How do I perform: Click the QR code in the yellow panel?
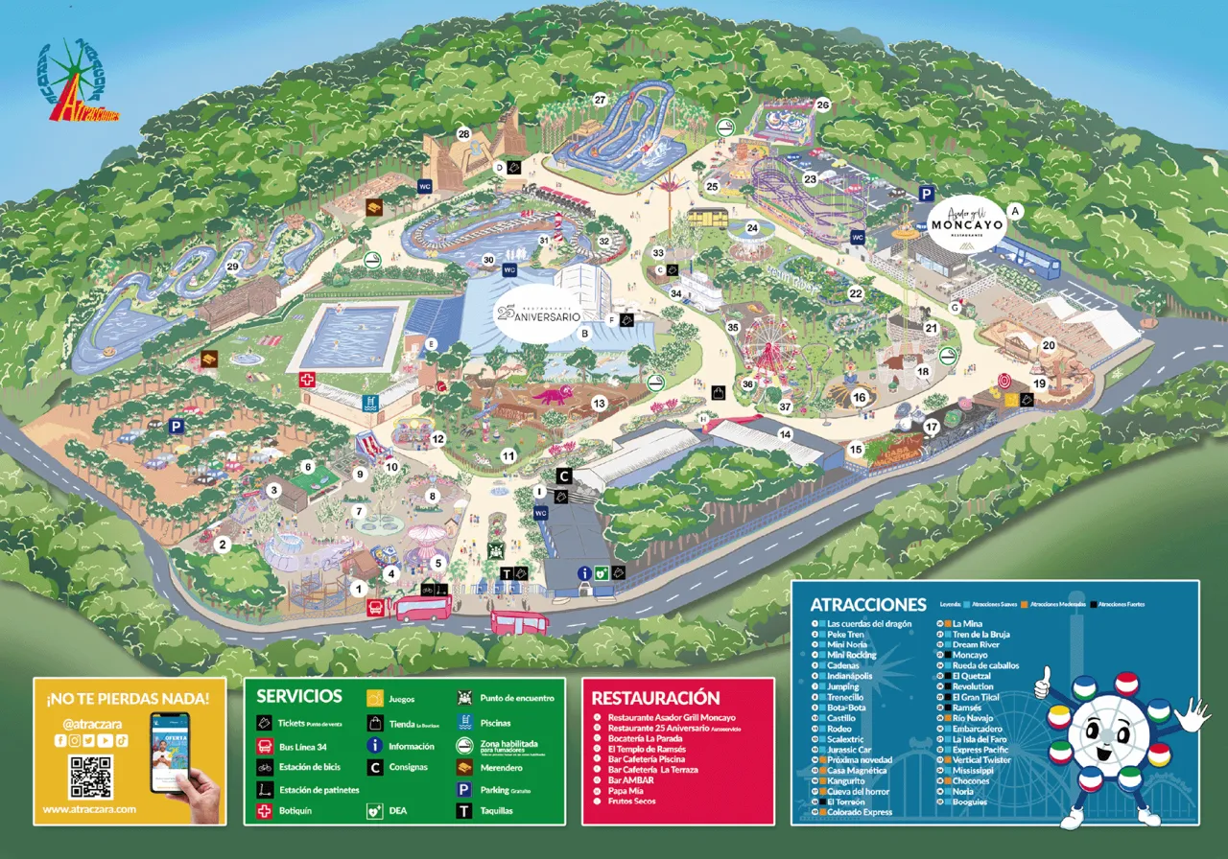[x=90, y=777]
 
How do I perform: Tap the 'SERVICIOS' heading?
[x=298, y=696]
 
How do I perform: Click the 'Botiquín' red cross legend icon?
[x=265, y=811]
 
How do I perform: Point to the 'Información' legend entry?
[x=411, y=746]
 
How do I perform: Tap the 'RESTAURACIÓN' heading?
[x=655, y=697]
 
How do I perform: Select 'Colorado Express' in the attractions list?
[x=860, y=812]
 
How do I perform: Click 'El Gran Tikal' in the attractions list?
[x=977, y=697]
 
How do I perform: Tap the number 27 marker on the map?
[x=601, y=100]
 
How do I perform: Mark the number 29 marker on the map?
[x=232, y=267]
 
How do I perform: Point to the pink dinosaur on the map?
[x=553, y=395]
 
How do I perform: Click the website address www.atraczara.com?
[x=89, y=809]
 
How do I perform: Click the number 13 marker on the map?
[x=600, y=404]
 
